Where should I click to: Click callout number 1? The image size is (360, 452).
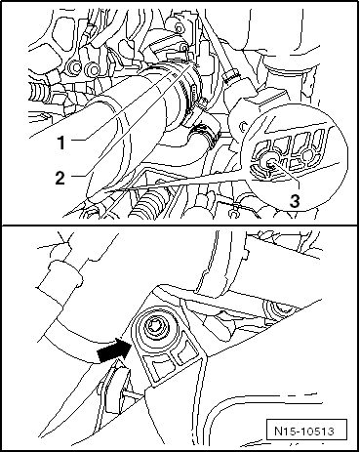[61, 143]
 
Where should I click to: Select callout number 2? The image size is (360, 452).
[60, 178]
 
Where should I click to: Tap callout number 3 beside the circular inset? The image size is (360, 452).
[295, 201]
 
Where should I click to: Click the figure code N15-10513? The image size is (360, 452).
[304, 431]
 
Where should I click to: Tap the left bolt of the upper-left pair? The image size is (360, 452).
[75, 67]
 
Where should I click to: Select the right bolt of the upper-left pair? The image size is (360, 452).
[93, 69]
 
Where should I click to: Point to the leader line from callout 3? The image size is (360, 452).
[285, 177]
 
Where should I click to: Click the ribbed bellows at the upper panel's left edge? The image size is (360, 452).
[39, 88]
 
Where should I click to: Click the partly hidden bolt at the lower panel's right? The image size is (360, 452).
[276, 308]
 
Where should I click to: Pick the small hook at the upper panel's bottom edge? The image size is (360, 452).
[233, 213]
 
